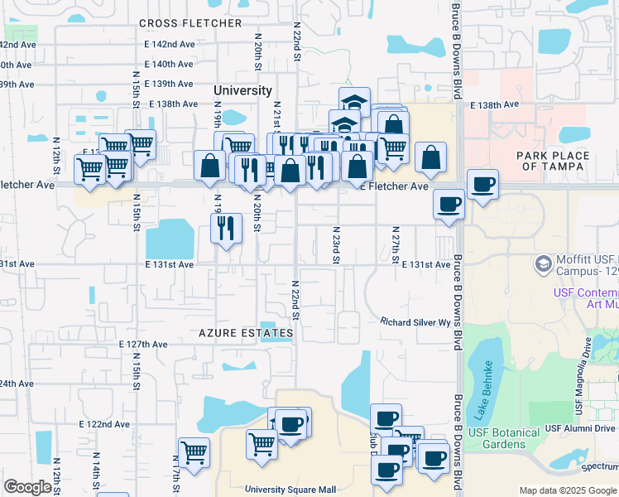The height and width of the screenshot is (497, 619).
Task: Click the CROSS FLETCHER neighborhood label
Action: click(190, 23)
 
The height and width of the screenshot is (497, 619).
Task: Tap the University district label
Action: click(242, 90)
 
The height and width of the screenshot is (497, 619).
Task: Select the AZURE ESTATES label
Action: click(246, 333)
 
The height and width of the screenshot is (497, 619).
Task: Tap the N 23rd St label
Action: click(337, 245)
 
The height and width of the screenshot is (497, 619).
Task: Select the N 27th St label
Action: click(396, 245)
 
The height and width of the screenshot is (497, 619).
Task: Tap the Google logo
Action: click(27, 487)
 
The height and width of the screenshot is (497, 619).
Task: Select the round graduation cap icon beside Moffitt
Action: click(544, 263)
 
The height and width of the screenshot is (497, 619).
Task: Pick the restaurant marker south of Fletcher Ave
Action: click(226, 227)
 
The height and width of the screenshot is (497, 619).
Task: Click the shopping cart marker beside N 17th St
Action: click(194, 452)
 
